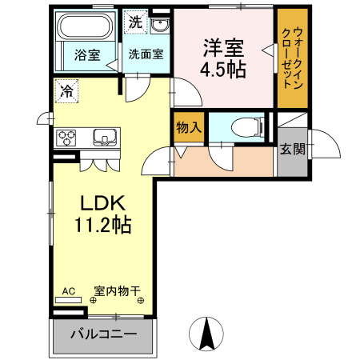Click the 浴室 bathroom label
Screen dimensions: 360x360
87,55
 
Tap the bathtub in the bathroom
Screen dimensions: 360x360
87,29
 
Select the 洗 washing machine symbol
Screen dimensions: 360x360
136,22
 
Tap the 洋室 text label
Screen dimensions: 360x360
224,48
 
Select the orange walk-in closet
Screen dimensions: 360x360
291,60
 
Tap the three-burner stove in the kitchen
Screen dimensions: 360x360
66,136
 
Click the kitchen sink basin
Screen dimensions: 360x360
106,135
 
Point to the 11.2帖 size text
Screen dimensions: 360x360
102,226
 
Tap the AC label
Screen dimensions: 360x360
69,292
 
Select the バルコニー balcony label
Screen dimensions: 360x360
102,334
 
